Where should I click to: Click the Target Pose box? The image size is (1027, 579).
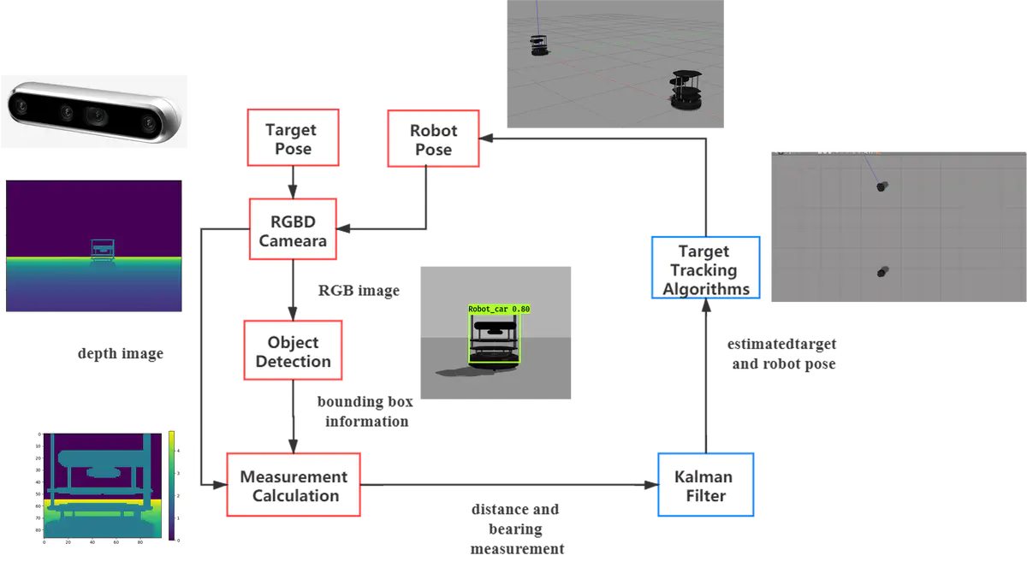[x=290, y=139]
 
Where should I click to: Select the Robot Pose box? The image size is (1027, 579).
[x=434, y=139]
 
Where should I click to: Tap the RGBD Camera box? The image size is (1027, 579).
[x=294, y=231]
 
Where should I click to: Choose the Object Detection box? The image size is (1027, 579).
[x=294, y=352]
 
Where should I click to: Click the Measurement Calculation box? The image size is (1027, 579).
[x=294, y=486]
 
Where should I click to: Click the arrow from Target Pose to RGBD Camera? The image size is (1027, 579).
[x=294, y=181]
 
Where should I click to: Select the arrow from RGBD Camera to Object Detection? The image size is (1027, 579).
[x=294, y=291]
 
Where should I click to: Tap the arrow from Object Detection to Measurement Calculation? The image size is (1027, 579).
[x=294, y=416]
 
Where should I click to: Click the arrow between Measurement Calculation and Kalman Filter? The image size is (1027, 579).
[x=510, y=486]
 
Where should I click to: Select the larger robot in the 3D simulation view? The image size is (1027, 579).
[x=686, y=91]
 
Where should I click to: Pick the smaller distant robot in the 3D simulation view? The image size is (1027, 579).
[x=539, y=44]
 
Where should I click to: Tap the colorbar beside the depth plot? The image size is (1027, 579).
[x=173, y=486]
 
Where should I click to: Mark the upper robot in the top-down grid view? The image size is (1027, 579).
[x=882, y=186]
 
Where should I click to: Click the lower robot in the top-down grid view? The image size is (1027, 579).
[x=883, y=272]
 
